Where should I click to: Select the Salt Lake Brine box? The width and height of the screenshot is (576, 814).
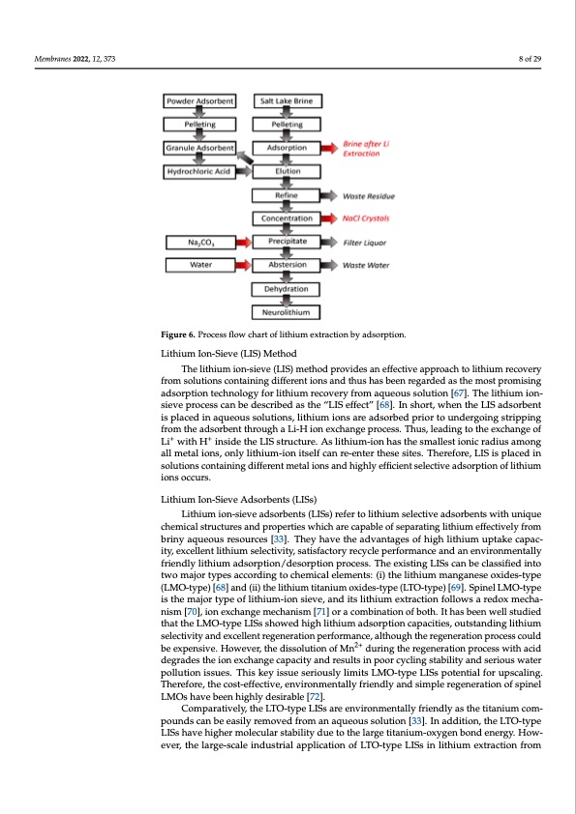coord(288,101)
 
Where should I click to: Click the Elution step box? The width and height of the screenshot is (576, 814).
coord(288,171)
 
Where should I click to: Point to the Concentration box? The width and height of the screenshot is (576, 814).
coord(288,218)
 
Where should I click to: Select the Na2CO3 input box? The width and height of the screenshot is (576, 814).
coord(199,242)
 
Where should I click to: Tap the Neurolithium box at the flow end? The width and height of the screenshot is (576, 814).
coord(288,312)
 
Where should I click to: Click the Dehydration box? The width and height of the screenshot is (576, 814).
coord(288,289)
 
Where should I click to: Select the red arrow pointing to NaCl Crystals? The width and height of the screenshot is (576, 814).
coord(333,218)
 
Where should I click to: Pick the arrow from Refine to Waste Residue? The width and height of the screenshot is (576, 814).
coord(333,195)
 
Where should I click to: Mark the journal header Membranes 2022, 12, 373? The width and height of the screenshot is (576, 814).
coord(75,60)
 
